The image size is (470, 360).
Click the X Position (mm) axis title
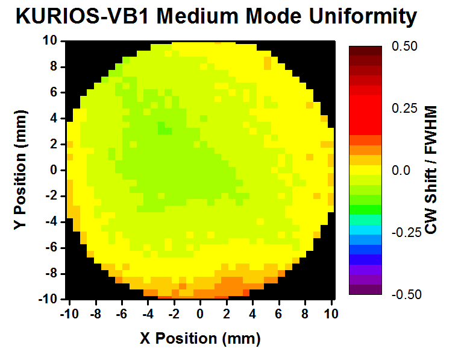[201, 338]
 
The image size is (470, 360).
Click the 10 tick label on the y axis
[49, 40]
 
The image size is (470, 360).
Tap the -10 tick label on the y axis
[48, 299]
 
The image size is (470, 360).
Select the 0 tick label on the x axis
[200, 314]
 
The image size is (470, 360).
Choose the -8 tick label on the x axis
[94, 314]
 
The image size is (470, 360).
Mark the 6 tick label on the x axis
[279, 314]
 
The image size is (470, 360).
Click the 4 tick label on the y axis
[52, 118]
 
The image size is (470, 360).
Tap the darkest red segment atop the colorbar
[365, 51]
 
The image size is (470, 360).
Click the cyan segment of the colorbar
[365, 230]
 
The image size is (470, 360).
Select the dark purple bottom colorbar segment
[365, 289]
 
